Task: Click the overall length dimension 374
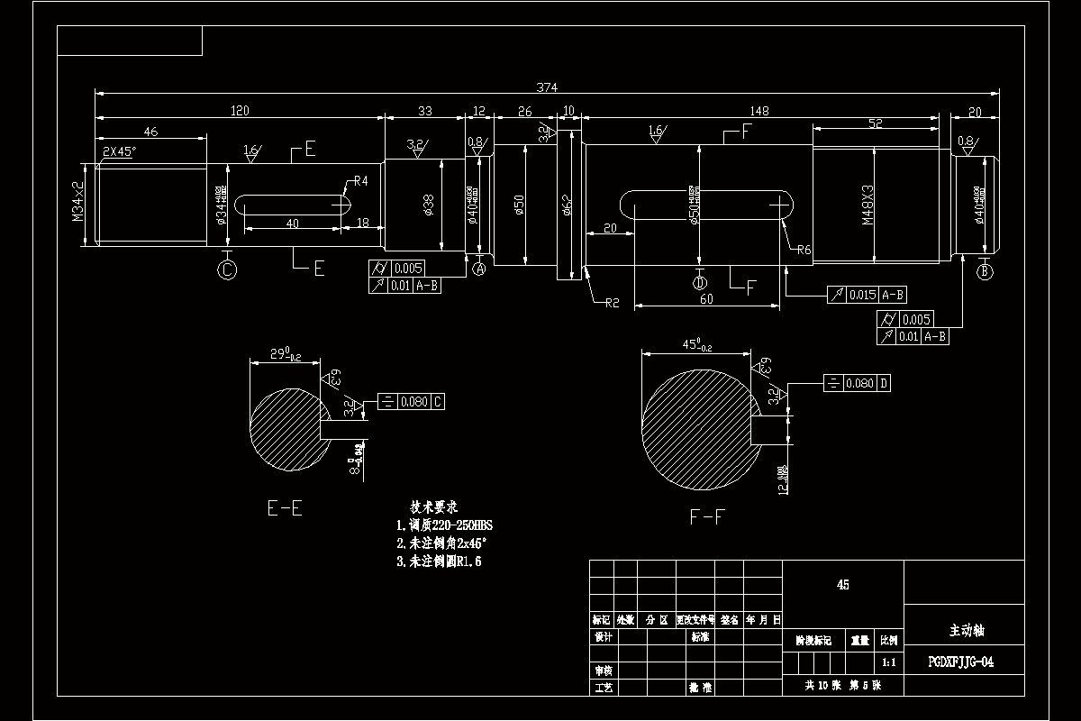click(547, 87)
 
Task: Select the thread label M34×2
click(78, 202)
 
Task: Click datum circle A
click(479, 269)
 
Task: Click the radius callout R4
click(360, 181)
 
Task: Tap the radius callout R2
click(610, 304)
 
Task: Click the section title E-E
click(285, 508)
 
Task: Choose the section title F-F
click(707, 516)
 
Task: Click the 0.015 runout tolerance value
click(862, 295)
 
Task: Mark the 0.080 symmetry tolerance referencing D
click(859, 384)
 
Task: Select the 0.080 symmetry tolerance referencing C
click(413, 401)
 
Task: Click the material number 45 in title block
click(842, 584)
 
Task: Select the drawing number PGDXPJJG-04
click(961, 662)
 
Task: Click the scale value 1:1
click(888, 662)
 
